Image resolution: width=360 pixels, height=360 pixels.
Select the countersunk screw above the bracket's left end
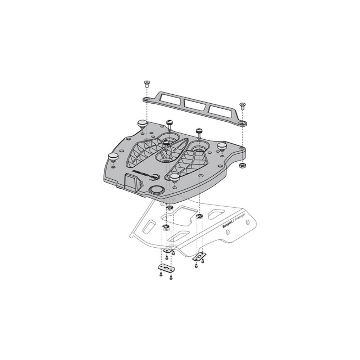(x=147, y=84)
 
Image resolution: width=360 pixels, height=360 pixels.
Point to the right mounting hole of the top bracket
(x=244, y=123)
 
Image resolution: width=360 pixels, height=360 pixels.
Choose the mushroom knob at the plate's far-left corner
(x=142, y=123)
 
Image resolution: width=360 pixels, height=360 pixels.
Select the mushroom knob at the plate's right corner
(x=222, y=145)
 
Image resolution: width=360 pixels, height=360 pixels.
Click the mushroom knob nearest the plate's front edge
(x=175, y=177)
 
